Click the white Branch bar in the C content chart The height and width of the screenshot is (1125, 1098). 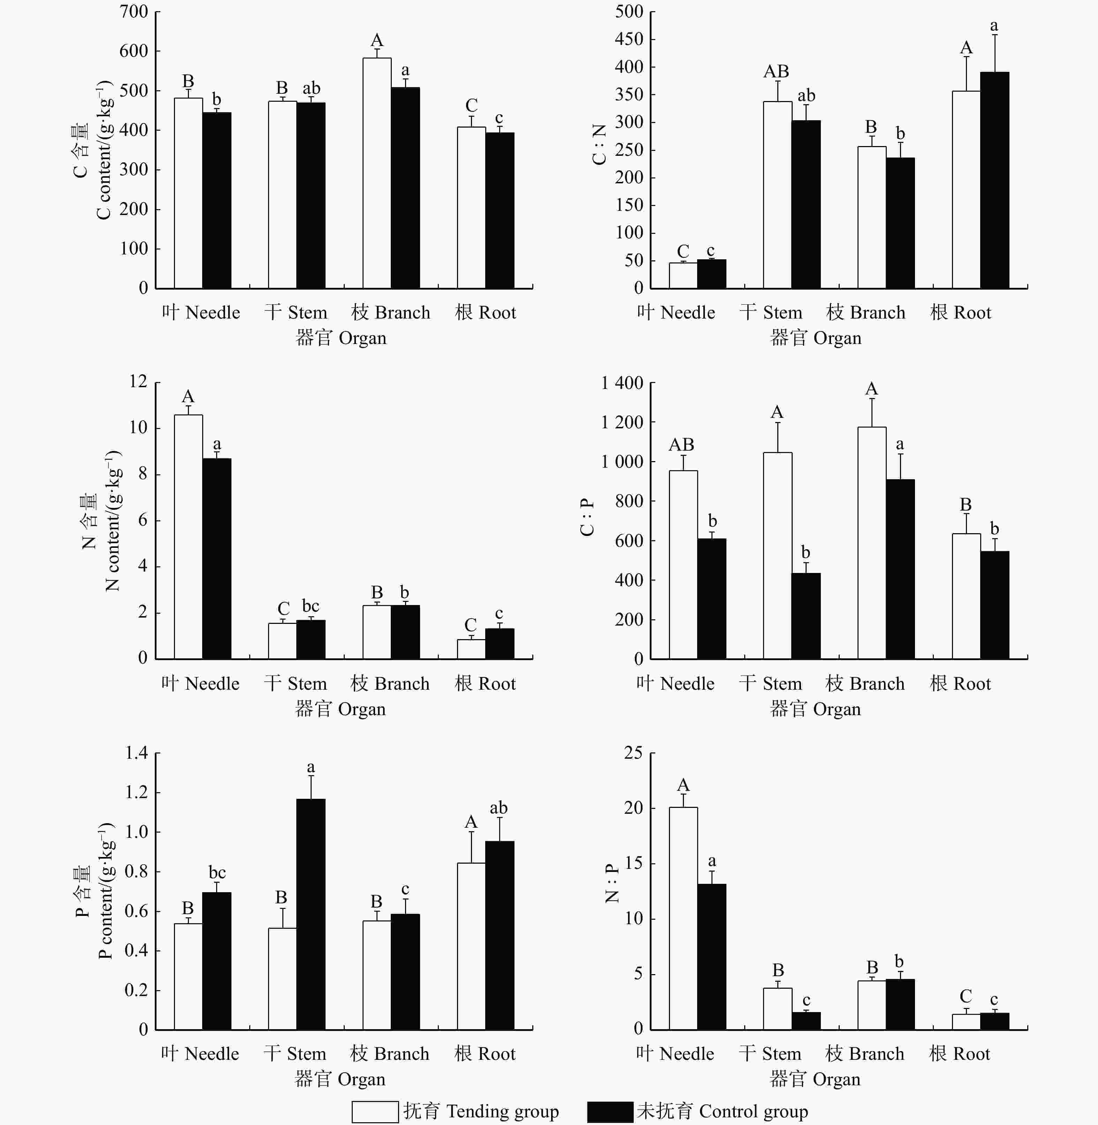[x=376, y=173]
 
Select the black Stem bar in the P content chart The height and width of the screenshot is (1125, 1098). [x=311, y=914]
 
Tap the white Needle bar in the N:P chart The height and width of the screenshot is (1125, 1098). [x=683, y=918]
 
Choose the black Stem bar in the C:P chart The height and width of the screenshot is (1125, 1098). [x=806, y=616]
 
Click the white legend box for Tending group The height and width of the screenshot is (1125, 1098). [x=375, y=1111]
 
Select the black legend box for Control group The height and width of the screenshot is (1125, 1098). [x=610, y=1111]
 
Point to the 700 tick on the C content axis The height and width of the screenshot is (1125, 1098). [x=134, y=12]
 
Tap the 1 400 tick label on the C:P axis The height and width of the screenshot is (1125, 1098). [x=622, y=383]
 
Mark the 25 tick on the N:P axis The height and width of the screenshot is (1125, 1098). [x=633, y=752]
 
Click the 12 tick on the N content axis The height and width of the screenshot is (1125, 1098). [x=138, y=381]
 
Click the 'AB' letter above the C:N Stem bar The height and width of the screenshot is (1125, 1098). [x=776, y=71]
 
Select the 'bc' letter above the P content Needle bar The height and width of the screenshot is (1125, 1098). [x=217, y=872]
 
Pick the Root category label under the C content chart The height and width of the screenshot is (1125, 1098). [x=486, y=313]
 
